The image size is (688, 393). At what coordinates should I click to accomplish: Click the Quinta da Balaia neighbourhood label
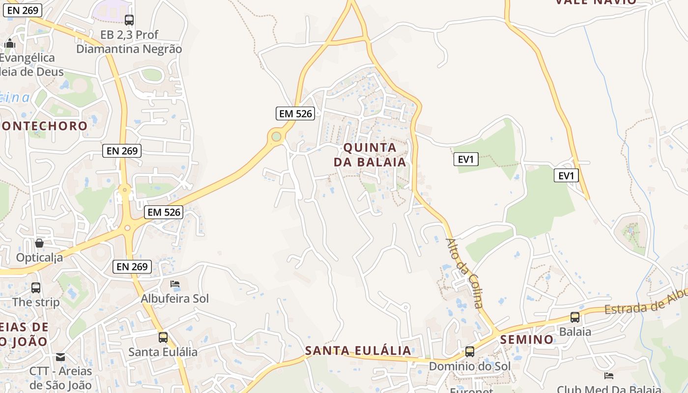coord(370,155)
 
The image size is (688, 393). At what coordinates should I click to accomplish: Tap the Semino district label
coord(527,339)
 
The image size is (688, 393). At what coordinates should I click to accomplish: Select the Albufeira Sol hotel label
coord(174,299)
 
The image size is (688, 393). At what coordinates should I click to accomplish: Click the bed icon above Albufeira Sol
coord(175,284)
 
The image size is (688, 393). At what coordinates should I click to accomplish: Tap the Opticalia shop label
coord(40,257)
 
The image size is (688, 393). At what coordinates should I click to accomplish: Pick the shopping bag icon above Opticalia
coord(39,243)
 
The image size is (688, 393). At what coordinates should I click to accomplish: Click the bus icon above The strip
coord(36,288)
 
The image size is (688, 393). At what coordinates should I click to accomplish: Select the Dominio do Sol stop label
coord(470,366)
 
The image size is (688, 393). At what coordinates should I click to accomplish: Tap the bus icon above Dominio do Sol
coord(470,352)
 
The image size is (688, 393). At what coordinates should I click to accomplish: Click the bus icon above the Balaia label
coord(575,317)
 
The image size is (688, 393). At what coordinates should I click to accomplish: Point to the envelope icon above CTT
coord(60,357)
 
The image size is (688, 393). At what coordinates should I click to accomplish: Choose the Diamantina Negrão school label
coord(129,42)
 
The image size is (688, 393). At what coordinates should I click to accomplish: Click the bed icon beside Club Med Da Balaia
coord(609,376)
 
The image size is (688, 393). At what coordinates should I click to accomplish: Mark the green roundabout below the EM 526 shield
coord(277,137)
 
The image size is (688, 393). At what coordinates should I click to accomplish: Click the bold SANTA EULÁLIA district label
coord(358,351)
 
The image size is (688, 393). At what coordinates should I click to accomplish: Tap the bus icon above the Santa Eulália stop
coord(163,337)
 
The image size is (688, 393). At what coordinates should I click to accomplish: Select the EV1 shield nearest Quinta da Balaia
coord(466,159)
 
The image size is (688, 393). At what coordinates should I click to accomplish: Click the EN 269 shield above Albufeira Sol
coord(132,267)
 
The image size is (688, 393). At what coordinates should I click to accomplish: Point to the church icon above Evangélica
coord(10,44)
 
